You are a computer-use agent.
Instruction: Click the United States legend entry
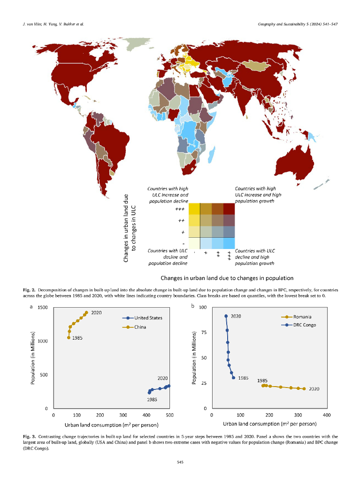148,318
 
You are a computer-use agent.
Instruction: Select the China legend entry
141,327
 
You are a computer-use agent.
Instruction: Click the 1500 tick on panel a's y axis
43,308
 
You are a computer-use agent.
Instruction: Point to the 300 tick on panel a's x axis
123,415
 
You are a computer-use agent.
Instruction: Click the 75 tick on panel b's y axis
203,333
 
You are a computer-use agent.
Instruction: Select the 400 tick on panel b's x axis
327,415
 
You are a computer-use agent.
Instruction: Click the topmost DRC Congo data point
226,316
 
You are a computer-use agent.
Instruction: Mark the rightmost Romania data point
304,388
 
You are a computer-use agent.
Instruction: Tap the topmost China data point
86,312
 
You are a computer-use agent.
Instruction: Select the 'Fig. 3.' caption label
30,437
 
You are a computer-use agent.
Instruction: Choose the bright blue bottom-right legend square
229,243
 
